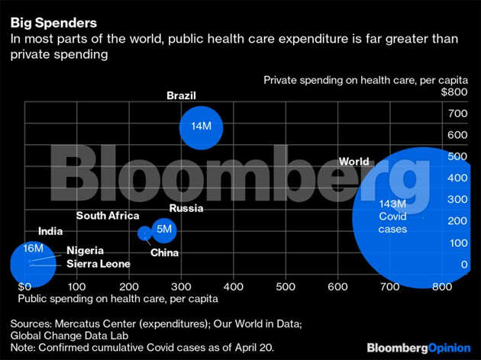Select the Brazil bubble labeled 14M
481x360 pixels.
click(x=202, y=127)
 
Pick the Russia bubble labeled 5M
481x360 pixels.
click(x=163, y=229)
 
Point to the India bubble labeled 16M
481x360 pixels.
click(x=31, y=263)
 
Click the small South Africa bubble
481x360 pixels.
click(x=144, y=233)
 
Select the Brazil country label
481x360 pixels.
click(x=182, y=95)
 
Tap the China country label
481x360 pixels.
click(x=165, y=252)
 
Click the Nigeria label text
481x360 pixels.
click(x=85, y=250)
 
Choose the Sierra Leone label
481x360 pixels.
click(x=98, y=264)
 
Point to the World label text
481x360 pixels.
click(x=354, y=162)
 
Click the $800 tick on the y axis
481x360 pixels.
click(x=454, y=92)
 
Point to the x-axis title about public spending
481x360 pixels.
click(x=118, y=298)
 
